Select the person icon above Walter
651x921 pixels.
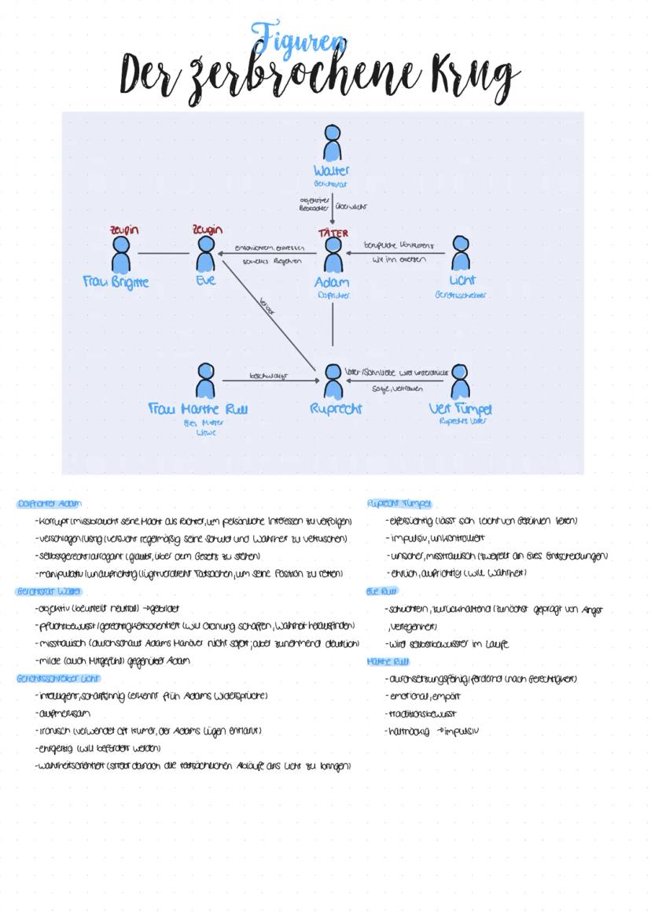tap(333, 143)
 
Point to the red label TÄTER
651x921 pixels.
tap(333, 233)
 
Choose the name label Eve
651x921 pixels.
tap(206, 280)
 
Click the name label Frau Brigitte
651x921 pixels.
tap(116, 282)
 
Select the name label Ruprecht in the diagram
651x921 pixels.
tap(336, 408)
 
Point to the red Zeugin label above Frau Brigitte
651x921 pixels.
tap(123, 230)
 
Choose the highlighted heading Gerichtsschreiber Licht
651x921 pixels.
tap(58, 678)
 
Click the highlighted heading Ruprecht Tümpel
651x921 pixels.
tap(399, 503)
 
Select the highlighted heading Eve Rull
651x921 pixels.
tap(382, 591)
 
